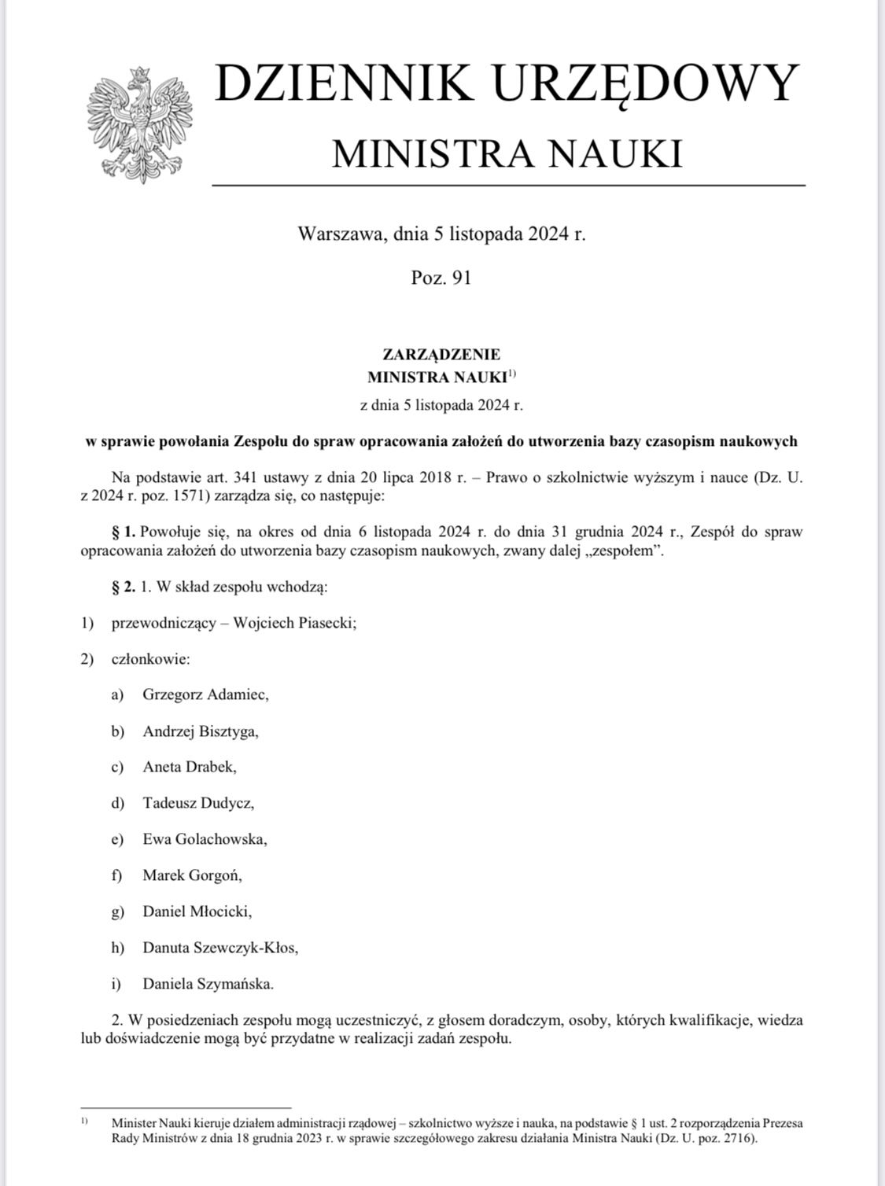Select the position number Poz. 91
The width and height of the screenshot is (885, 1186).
click(x=441, y=278)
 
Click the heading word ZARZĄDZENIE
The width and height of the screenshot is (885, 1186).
click(x=441, y=355)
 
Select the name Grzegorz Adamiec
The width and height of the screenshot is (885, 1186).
click(x=205, y=694)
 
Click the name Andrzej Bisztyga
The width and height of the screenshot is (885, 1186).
click(x=201, y=731)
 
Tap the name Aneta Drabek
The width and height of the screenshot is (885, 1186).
click(x=189, y=767)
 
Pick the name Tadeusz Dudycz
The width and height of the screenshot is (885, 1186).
click(x=198, y=803)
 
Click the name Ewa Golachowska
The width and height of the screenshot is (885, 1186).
click(x=205, y=839)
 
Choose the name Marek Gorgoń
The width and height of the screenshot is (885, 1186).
click(x=192, y=875)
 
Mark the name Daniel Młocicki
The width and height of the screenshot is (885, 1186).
click(x=197, y=912)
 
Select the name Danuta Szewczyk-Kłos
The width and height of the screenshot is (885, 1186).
click(x=220, y=948)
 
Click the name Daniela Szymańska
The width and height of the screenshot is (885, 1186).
click(x=208, y=984)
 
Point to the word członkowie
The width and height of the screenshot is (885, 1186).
click(x=150, y=659)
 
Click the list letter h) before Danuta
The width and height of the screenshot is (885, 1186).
click(x=118, y=948)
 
